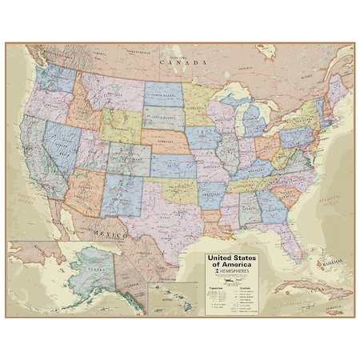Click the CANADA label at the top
click(178, 60)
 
